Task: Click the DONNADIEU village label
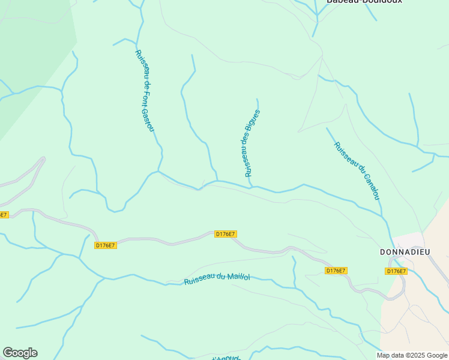coord(405,252)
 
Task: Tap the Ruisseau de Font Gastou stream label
coord(145,91)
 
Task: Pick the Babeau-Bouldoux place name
coord(364,2)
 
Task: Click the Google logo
coord(20,353)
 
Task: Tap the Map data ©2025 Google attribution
coord(411,355)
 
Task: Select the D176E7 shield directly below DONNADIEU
coord(396,271)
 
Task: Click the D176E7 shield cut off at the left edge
coord(4,214)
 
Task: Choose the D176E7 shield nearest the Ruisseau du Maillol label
coord(226,234)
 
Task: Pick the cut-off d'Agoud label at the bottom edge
coord(227,358)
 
